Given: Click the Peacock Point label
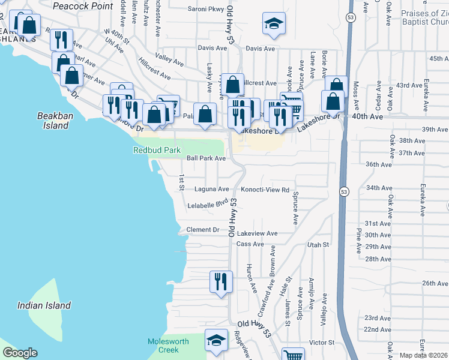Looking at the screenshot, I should click(83, 6).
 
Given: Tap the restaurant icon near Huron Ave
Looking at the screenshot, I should click(220, 281).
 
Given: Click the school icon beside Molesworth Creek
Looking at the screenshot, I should click(215, 340).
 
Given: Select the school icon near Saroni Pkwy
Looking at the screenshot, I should click(273, 23).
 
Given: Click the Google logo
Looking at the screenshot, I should click(20, 353).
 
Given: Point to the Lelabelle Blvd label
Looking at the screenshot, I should click(209, 205).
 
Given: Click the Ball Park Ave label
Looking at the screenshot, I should click(206, 158).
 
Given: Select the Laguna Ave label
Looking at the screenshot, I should click(212, 189).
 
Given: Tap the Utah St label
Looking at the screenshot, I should click(318, 245).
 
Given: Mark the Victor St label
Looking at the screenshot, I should click(322, 343).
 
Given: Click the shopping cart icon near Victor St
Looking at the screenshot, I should click(294, 355).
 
